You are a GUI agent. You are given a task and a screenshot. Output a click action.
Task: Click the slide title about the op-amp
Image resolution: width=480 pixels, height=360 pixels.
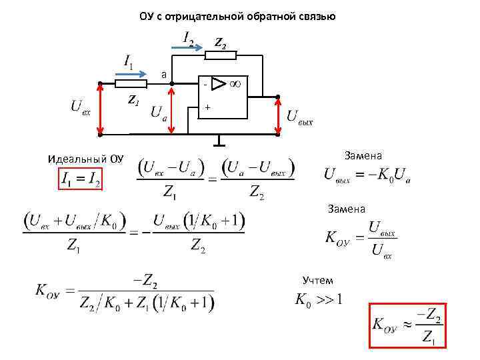coord(237,16)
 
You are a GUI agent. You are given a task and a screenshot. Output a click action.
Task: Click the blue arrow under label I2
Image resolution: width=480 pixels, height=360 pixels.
coord(195,47)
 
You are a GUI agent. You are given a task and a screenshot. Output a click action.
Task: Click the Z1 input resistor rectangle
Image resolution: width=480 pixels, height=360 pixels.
coord(131,84)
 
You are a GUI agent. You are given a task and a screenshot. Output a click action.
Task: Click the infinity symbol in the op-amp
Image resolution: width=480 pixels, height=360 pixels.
coord(235,84)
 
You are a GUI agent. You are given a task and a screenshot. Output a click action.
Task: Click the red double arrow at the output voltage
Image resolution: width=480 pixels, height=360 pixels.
coord(277,116)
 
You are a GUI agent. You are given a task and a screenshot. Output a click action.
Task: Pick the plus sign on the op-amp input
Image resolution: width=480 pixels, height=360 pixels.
coord(207,107)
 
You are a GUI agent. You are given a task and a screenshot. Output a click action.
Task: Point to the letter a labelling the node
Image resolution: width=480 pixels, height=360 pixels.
coord(163,74)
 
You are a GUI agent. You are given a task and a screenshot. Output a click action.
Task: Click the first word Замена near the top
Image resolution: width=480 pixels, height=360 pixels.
coord(363,155)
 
